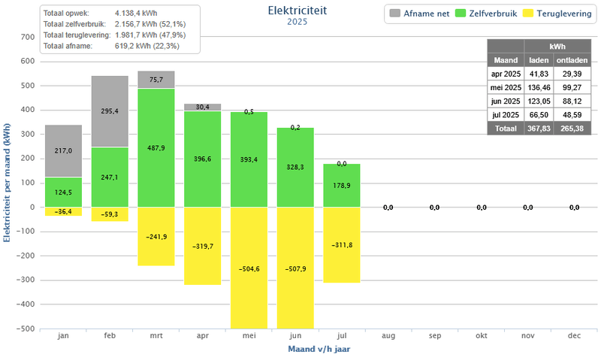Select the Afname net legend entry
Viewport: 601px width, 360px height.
coord(421,14)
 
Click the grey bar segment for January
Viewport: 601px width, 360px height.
coord(63,150)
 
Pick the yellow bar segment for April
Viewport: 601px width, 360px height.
coord(203,246)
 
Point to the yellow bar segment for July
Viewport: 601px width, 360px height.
coord(342,244)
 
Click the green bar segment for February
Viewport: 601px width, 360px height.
coord(110,177)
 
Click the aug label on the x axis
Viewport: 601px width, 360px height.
coord(388,337)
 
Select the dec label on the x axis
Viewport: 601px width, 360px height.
coord(574,337)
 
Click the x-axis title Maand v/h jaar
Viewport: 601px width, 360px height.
coord(319,349)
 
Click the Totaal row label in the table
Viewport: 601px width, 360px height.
coord(506,129)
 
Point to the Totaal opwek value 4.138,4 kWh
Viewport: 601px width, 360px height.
coord(137,14)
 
